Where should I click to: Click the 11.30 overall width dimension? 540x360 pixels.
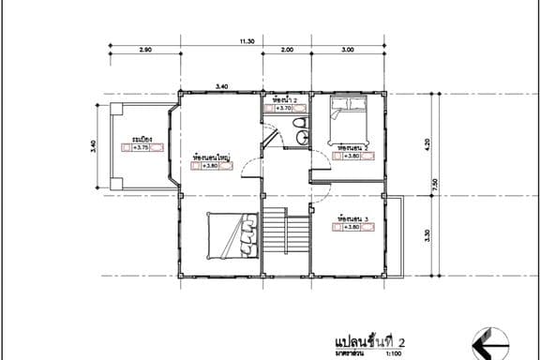coord(247,41)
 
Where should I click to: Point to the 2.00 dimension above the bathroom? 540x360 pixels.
coord(287,49)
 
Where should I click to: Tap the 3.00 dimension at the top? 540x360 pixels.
coord(347,49)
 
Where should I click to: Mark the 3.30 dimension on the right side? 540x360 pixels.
coord(428,235)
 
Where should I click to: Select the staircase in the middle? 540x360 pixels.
coord(285,234)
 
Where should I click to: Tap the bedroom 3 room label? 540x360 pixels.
coord(349,217)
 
